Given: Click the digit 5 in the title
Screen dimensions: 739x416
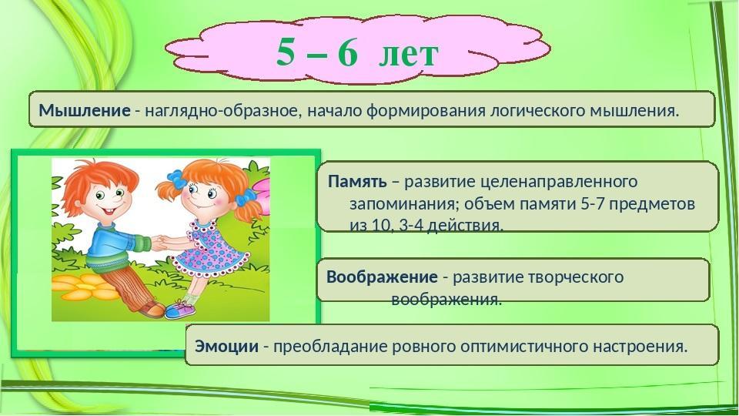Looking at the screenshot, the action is [x=286, y=52].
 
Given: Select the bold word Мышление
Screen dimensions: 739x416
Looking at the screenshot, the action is [x=85, y=111].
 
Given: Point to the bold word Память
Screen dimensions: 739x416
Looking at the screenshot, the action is [x=357, y=181].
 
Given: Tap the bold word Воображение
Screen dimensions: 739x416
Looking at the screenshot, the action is [x=382, y=277].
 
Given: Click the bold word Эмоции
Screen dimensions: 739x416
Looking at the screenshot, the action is [x=226, y=347].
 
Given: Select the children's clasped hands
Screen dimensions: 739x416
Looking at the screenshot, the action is [x=160, y=243].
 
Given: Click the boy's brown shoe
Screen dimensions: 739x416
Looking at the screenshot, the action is [x=152, y=308].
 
